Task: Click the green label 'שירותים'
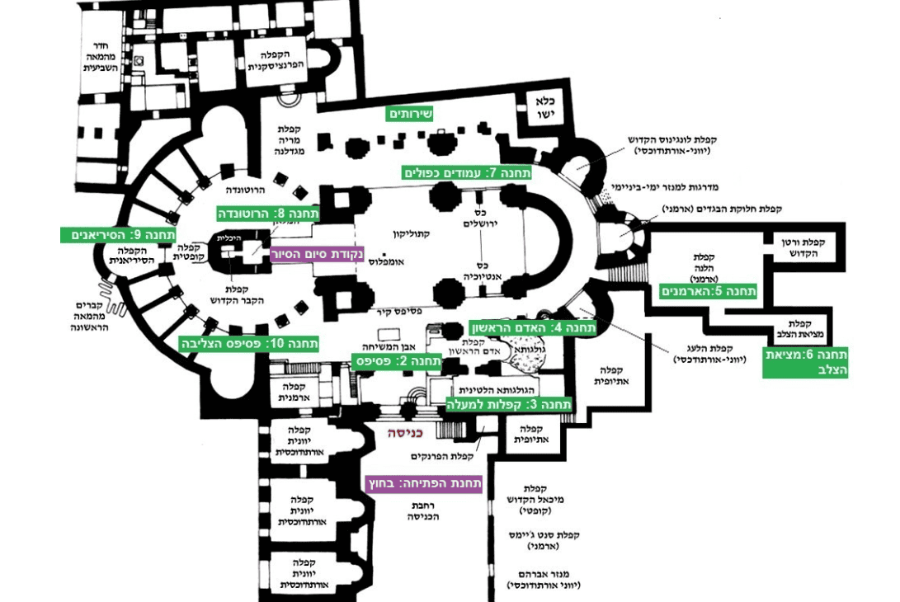[411, 113]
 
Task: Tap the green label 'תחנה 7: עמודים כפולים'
[468, 173]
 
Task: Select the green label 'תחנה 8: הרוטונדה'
[267, 214]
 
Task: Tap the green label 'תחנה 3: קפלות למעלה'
[505, 404]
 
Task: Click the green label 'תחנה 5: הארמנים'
[710, 291]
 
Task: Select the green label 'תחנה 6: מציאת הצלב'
[805, 363]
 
